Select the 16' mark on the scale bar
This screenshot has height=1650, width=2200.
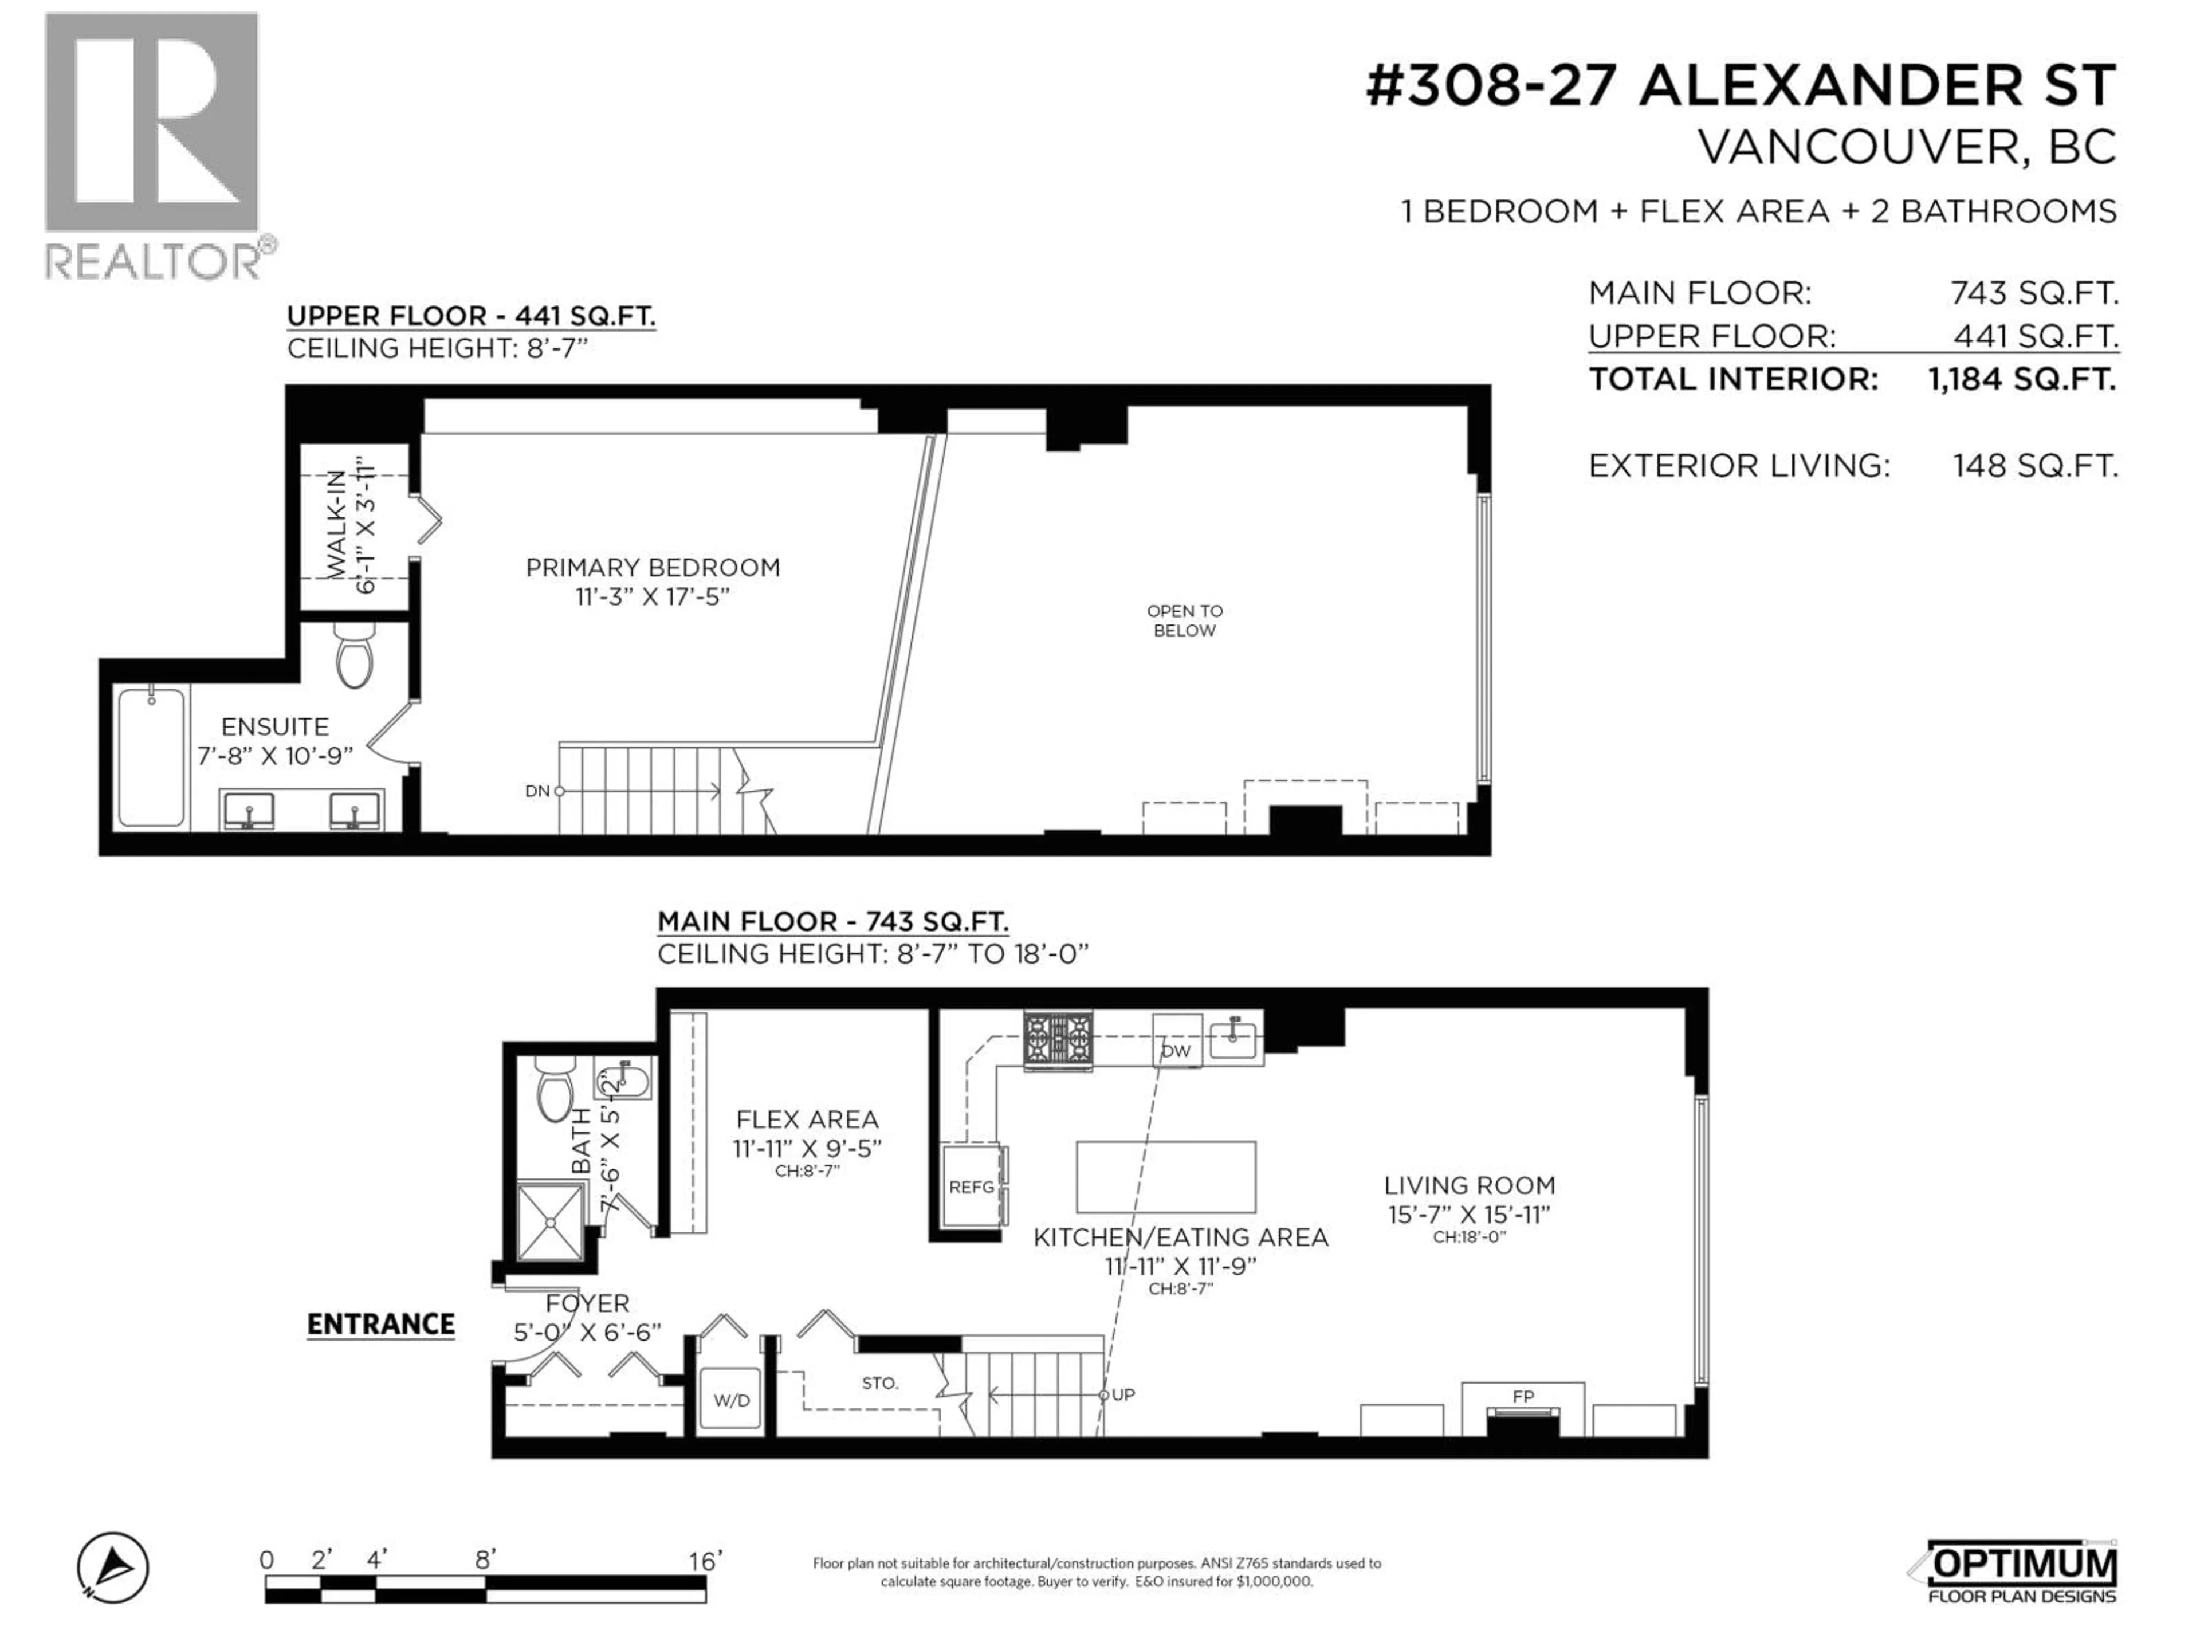(704, 1561)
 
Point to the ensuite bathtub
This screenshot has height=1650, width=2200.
(151, 758)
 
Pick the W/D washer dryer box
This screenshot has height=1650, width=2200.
(731, 1400)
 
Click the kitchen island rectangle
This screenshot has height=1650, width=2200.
(1166, 1177)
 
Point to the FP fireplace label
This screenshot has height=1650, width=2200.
(1523, 1396)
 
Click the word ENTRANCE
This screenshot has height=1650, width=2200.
(381, 1325)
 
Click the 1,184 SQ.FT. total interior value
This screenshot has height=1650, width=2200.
(2022, 379)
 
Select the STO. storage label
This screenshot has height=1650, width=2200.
(879, 1384)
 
